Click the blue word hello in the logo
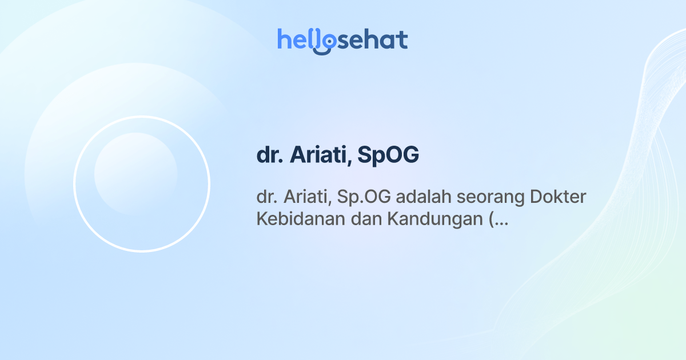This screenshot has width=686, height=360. pos(301,40)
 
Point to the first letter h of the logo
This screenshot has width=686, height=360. pos(284,39)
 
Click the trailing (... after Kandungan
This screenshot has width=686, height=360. pos(499,220)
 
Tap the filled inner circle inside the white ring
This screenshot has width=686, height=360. pos(135,174)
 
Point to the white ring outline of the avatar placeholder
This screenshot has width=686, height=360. pos(142,117)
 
